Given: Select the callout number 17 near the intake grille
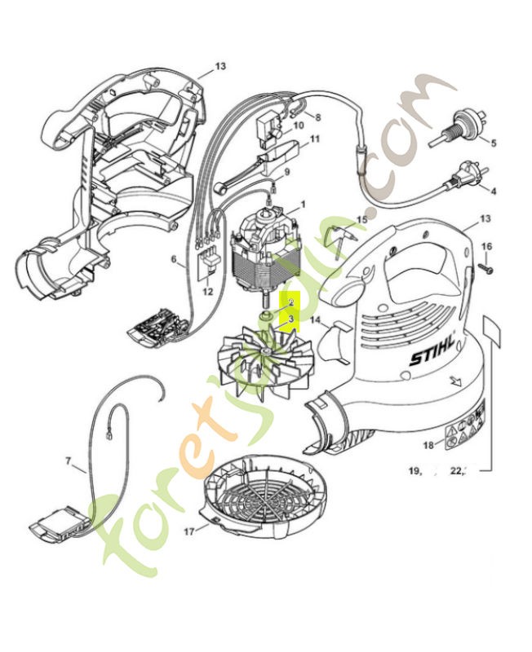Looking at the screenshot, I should (189, 531).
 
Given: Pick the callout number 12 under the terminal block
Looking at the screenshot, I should (207, 291).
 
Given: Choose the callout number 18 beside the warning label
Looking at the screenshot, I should (428, 444).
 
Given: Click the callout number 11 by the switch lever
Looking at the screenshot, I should (315, 139).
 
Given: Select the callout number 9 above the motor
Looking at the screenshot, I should (286, 173).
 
